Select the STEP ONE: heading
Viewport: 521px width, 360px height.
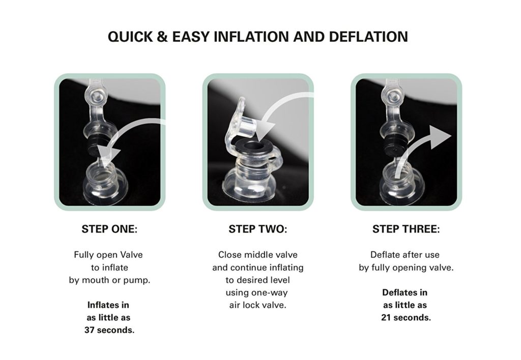[109, 229]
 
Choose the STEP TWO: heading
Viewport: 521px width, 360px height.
[258, 229]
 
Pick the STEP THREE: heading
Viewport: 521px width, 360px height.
[406, 229]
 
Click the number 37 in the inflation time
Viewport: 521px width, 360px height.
[90, 330]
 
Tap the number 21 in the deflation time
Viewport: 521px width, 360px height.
[386, 317]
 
